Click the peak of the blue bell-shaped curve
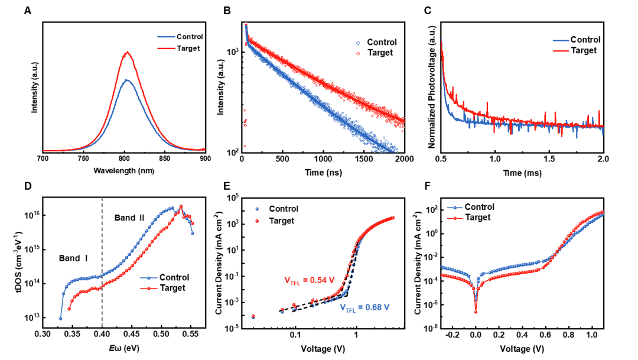[x=126, y=79]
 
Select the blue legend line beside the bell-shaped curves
[x=167, y=37]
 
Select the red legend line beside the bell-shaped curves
[x=167, y=48]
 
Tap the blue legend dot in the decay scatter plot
[x=358, y=43]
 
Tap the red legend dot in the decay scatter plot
[x=358, y=54]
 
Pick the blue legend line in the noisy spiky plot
[x=561, y=41]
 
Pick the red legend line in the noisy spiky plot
[x=561, y=51]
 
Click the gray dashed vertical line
[x=102, y=260]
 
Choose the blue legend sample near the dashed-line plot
[x=149, y=278]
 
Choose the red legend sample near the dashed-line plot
[x=149, y=288]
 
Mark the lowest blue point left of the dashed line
[x=60, y=319]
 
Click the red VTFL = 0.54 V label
[x=310, y=280]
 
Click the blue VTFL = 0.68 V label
[x=364, y=307]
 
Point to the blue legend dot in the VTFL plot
[x=257, y=209]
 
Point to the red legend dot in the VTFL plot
[x=257, y=221]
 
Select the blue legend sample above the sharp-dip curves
[x=454, y=208]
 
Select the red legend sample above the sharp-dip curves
[x=454, y=218]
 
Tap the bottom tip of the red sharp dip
[x=476, y=312]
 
